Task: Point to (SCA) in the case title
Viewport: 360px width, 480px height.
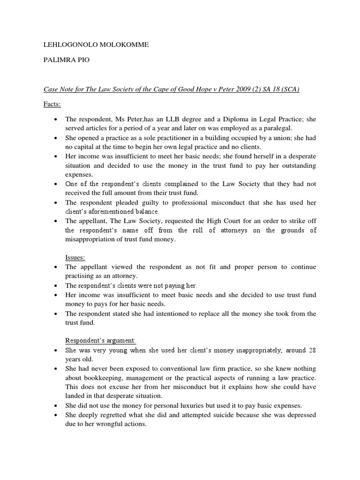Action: click(289, 90)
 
